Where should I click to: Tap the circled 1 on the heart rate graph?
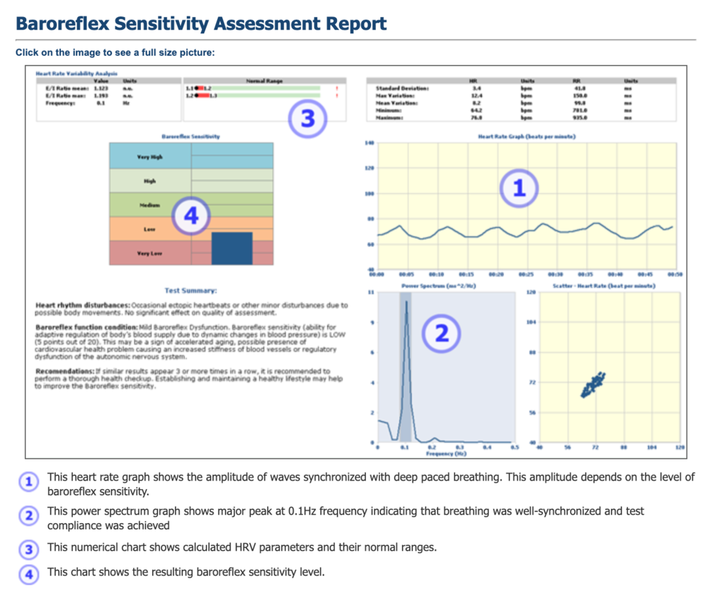(519, 188)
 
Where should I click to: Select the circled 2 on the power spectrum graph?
(441, 333)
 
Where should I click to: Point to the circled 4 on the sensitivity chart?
(191, 215)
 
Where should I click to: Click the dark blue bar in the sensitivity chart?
(232, 248)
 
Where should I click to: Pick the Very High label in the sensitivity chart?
(149, 156)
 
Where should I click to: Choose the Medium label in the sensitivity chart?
(149, 205)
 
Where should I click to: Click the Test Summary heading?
(191, 290)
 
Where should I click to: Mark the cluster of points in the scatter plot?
(592, 384)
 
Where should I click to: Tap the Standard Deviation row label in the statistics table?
(400, 87)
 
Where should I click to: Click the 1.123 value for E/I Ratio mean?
(101, 87)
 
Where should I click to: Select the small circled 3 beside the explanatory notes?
(28, 548)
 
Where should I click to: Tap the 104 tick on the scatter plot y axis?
(530, 321)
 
